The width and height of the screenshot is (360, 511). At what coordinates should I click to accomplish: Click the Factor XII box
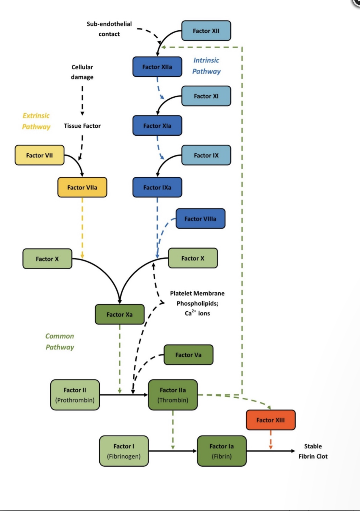coord(206,31)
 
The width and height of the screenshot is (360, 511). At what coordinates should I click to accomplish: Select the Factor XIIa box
coord(157,67)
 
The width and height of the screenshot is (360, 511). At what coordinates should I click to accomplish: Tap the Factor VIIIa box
coord(200,219)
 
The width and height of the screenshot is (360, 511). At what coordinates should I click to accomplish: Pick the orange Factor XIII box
coord(270,420)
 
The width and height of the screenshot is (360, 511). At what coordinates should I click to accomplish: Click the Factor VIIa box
coord(82,187)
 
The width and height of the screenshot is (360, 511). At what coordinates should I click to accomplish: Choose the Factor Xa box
coord(119,314)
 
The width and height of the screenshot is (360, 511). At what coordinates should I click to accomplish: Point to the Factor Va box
coord(188,355)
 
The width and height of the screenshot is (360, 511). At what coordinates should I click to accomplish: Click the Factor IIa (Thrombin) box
coord(173,395)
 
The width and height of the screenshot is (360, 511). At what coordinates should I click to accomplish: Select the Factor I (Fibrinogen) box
coord(124,451)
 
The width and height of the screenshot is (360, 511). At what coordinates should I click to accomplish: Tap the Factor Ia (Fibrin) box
coord(222,451)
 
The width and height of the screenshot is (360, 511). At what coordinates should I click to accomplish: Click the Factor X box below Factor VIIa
coord(47,259)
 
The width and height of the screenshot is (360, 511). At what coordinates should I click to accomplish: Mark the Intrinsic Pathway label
coord(206,66)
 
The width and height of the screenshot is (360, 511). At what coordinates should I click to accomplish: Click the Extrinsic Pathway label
coord(36,121)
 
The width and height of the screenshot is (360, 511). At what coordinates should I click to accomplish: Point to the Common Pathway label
coord(60,341)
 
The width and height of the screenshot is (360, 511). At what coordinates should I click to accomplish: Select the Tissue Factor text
coord(82,126)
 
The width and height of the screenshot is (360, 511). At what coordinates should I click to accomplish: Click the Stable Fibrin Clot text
coord(313,451)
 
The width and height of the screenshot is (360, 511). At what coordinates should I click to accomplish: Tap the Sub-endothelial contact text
coord(109,29)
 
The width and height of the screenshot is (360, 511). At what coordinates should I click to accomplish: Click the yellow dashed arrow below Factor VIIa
coord(82,226)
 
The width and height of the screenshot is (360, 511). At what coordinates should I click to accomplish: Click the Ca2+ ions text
coord(197,313)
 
